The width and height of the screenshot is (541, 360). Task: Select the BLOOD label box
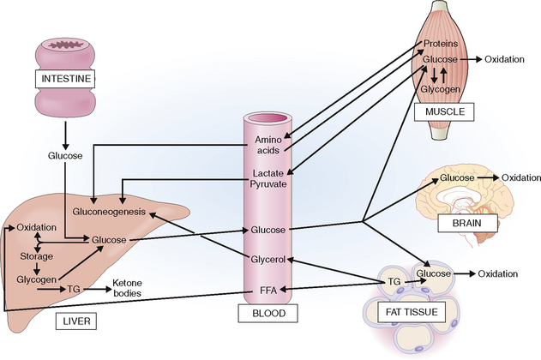point(268,315)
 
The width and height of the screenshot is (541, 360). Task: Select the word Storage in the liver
point(38,255)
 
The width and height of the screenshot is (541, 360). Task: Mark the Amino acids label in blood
point(267,145)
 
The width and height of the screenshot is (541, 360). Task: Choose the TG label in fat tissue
point(394,280)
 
